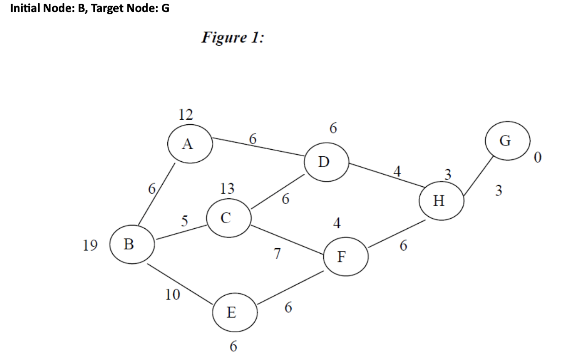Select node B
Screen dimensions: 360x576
pyautogui.click(x=132, y=244)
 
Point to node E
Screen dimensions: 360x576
pyautogui.click(x=234, y=313)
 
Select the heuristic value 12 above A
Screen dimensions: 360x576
pyautogui.click(x=186, y=114)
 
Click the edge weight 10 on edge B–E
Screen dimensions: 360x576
pyautogui.click(x=173, y=295)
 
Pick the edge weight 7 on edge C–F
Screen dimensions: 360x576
pyautogui.click(x=277, y=253)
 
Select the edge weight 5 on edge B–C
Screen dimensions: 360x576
pyautogui.click(x=184, y=221)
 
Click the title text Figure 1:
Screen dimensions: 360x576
pyautogui.click(x=233, y=37)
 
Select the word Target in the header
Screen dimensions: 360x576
pyautogui.click(x=105, y=9)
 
